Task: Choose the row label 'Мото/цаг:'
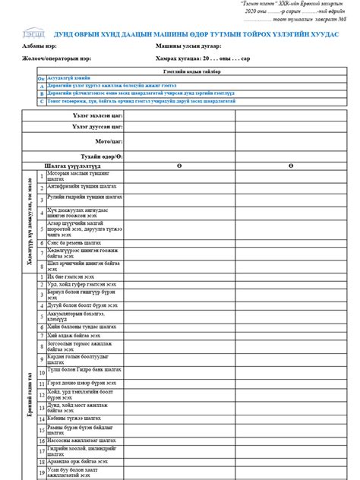108,141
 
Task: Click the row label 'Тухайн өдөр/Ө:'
102,155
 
